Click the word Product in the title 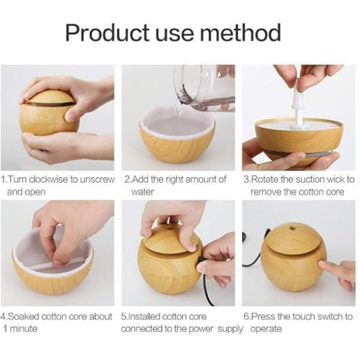[x=108, y=32]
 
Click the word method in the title [x=240, y=32]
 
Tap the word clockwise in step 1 [x=49, y=179]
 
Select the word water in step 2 [x=142, y=192]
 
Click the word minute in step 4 [x=23, y=328]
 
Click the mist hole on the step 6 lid [x=292, y=228]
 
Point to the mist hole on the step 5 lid [x=170, y=229]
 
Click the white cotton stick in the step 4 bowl [x=57, y=263]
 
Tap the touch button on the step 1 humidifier [x=50, y=117]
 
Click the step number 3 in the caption [x=246, y=179]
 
